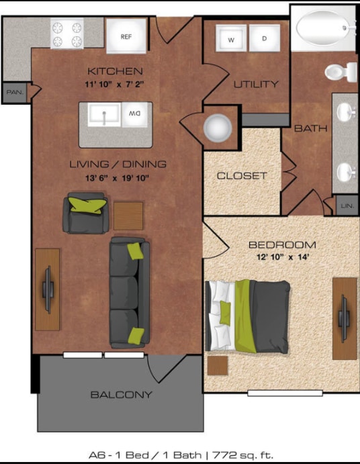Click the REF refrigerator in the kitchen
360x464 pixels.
point(126,36)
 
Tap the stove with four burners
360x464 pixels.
point(66,34)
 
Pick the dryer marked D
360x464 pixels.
point(264,39)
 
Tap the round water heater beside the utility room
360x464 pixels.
point(218,127)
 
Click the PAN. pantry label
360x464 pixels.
point(14,93)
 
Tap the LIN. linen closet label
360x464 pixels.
point(347,205)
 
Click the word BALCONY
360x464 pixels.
point(121,395)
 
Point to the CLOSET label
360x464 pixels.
point(242,176)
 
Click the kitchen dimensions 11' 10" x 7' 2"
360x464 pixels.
point(114,84)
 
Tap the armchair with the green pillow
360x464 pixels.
point(85,211)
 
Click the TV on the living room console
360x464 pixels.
point(48,289)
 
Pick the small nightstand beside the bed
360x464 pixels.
point(217,365)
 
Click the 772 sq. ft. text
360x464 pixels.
point(242,455)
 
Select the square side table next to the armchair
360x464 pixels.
point(128,216)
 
